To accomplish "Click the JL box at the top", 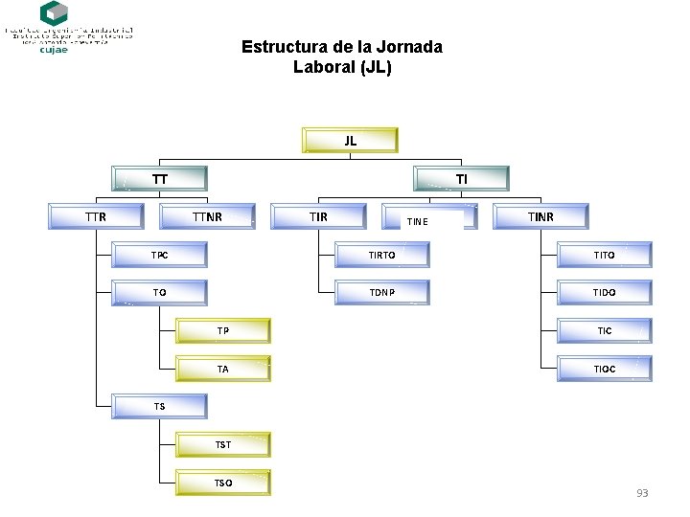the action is click(350, 140).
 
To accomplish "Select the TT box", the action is click(159, 178).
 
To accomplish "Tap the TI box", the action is click(461, 178).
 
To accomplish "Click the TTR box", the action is click(96, 216).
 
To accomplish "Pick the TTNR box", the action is click(207, 216).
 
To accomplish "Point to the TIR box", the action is click(318, 216).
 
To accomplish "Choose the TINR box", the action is click(540, 216).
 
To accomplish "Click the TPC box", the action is click(159, 255).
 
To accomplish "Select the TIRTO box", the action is click(381, 255).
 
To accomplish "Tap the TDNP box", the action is click(381, 292).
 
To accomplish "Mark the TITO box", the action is click(604, 255).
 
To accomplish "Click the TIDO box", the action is click(604, 292).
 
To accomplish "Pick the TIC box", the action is click(604, 330).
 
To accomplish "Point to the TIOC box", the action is click(604, 369).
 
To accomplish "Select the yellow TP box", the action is click(223, 330).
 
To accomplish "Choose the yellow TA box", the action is click(223, 369).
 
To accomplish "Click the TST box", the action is click(223, 444).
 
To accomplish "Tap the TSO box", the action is click(223, 483).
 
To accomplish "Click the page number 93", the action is click(642, 493).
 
